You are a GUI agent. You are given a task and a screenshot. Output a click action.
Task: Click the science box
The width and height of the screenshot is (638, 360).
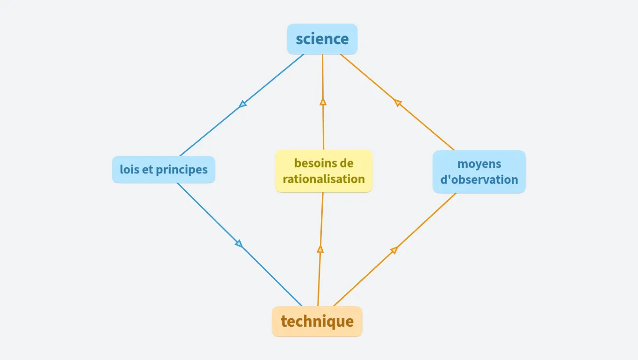point(322,39)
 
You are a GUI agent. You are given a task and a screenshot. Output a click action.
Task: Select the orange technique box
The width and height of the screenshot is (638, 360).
point(317,322)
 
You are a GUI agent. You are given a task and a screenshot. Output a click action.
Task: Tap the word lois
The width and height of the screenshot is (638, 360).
point(129,169)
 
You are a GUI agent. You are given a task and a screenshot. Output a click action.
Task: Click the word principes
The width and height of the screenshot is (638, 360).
point(182,169)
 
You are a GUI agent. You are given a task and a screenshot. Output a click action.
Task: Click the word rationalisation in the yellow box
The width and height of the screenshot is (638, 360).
point(324,179)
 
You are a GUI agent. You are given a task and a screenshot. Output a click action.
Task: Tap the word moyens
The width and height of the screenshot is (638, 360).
point(479,164)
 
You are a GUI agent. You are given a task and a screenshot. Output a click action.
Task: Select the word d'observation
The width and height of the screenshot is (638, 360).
point(479,180)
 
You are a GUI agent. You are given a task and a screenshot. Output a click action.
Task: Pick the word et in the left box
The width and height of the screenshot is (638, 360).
point(147,169)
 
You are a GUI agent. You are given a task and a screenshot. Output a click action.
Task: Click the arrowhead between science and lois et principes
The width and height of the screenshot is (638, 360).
point(242,104)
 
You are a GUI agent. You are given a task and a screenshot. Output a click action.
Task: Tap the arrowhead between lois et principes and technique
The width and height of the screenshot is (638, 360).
point(239,244)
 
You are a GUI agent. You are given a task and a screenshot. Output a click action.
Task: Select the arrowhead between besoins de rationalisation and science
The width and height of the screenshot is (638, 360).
point(323,101)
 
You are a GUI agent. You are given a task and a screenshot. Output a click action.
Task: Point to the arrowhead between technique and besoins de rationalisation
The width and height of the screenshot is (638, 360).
point(320,249)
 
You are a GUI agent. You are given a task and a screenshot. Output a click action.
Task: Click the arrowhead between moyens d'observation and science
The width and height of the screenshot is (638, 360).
point(398,103)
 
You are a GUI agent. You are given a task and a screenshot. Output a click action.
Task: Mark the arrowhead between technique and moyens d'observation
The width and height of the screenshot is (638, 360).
point(394,250)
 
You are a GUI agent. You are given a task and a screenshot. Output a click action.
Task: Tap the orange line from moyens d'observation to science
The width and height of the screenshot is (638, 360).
point(427,127)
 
